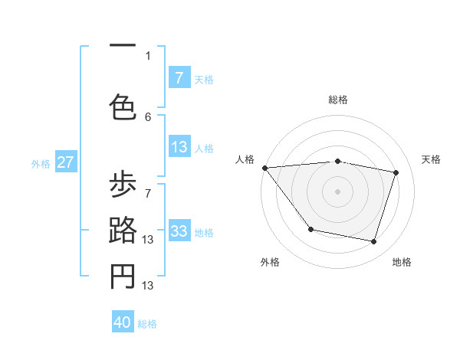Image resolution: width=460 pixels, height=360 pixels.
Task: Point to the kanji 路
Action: click(x=123, y=232)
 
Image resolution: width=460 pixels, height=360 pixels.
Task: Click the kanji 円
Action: click(x=123, y=277)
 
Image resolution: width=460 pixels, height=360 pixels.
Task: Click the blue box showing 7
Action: click(x=179, y=78)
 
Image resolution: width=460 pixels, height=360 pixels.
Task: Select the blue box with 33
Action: click(x=179, y=231)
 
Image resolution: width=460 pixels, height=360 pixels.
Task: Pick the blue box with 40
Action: click(x=123, y=322)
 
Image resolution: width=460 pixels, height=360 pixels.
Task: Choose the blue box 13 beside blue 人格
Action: click(x=179, y=147)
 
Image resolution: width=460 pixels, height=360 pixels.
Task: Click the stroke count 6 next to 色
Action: click(x=148, y=116)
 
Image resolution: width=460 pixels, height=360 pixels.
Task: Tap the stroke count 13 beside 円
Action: click(x=149, y=285)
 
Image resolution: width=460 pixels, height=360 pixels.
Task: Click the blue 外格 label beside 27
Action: click(x=41, y=163)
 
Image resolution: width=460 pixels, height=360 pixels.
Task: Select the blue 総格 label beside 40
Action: click(x=147, y=323)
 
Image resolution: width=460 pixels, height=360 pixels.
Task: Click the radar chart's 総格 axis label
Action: click(x=338, y=100)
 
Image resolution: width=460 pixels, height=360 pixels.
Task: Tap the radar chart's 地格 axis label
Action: click(x=402, y=262)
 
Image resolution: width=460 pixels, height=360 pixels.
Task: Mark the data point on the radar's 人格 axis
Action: click(x=264, y=168)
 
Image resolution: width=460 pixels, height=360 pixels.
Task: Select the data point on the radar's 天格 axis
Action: click(x=396, y=172)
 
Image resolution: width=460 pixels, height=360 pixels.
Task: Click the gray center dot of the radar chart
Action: click(x=338, y=191)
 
